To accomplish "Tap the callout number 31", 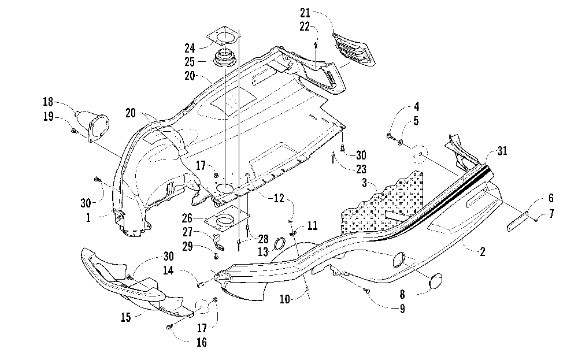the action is pos(502,151).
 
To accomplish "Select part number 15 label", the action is pos(125,317).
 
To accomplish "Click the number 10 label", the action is pos(284,299).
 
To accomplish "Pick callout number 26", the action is pos(187,218).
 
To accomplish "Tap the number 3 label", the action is pos(365,183).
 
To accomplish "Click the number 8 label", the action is pos(402,294).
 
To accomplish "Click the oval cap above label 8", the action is pos(437,281).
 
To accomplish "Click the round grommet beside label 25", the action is pos(225,58).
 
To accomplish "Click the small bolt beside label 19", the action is pos(74,131).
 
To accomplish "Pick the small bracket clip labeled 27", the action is pos(218,242).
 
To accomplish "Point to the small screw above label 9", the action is pos(368,291).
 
